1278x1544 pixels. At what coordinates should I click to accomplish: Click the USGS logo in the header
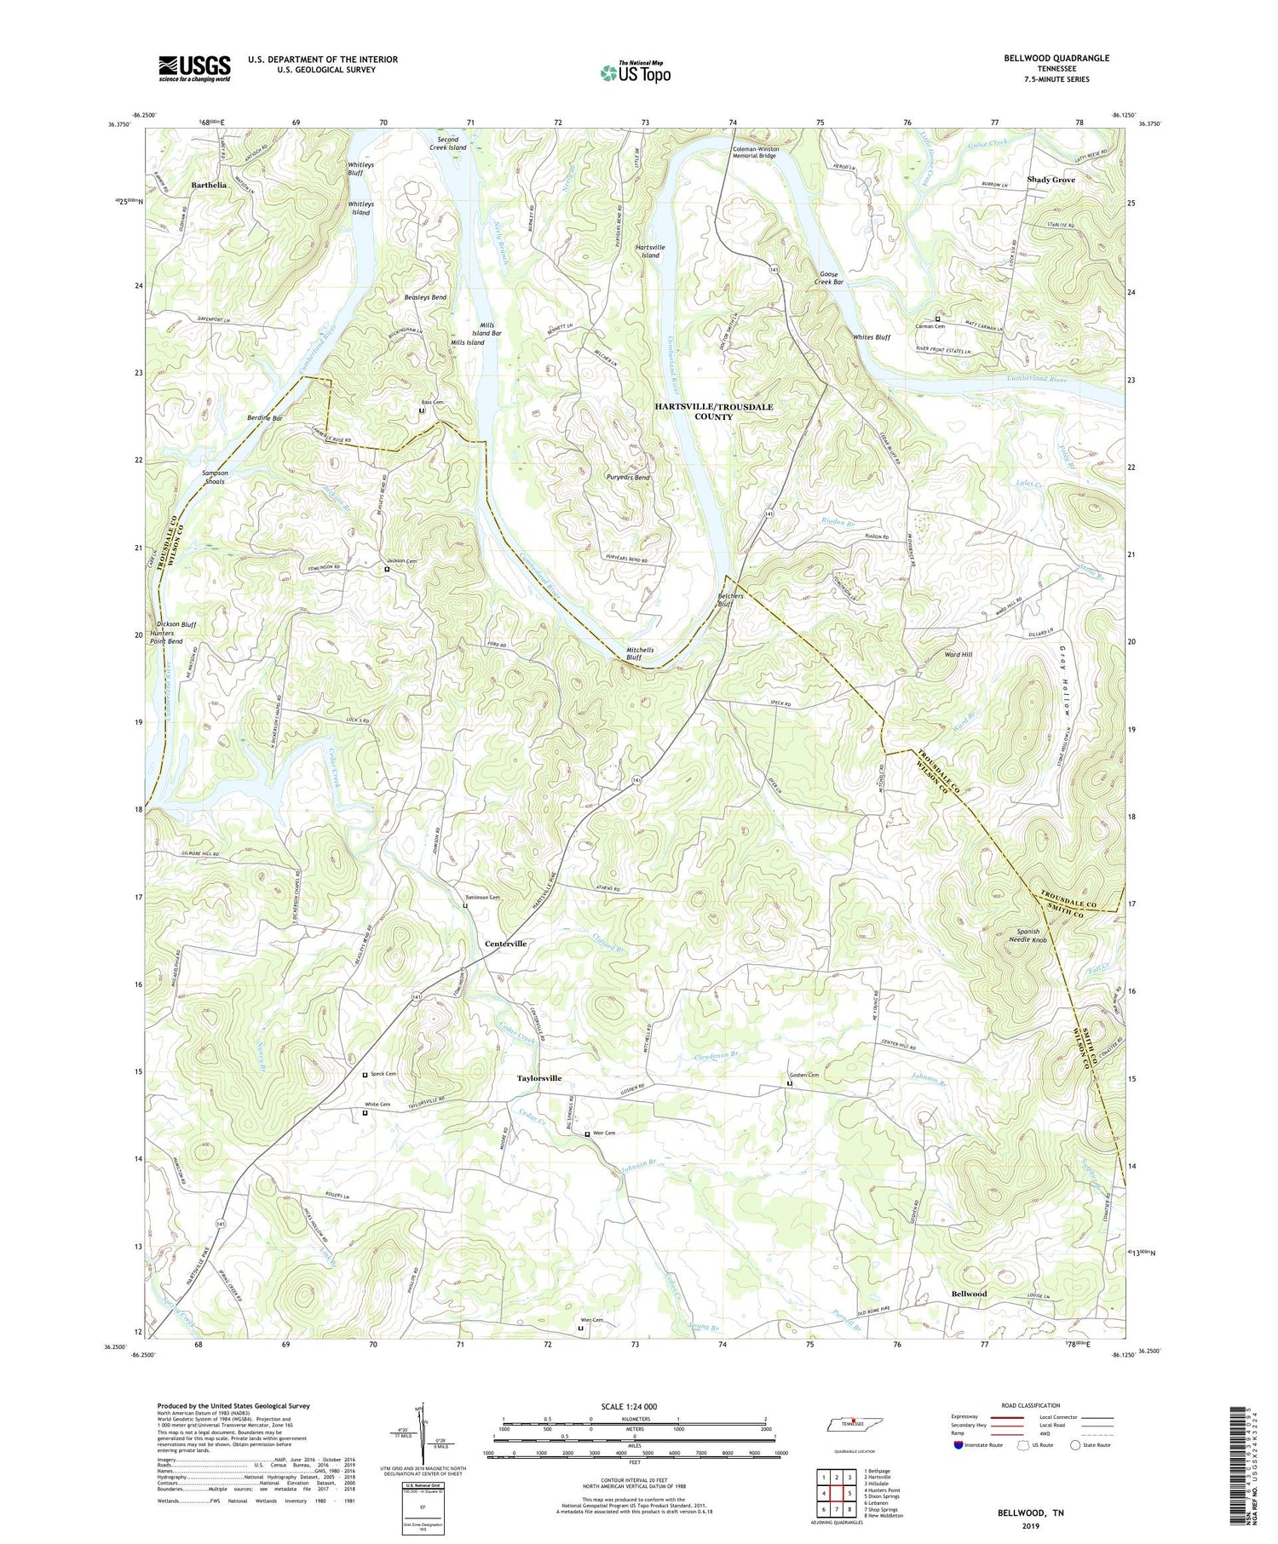(194, 68)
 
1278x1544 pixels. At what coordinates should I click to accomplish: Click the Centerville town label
(505, 944)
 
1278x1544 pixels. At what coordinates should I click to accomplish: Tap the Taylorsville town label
(539, 1078)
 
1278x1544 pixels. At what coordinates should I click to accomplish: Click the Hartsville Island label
(650, 251)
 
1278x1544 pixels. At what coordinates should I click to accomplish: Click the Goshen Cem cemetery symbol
(789, 1084)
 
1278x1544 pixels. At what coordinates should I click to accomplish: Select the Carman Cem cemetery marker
(938, 319)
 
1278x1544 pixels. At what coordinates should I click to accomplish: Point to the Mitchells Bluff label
(640, 654)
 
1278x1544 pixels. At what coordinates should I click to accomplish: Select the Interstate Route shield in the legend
(959, 1445)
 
